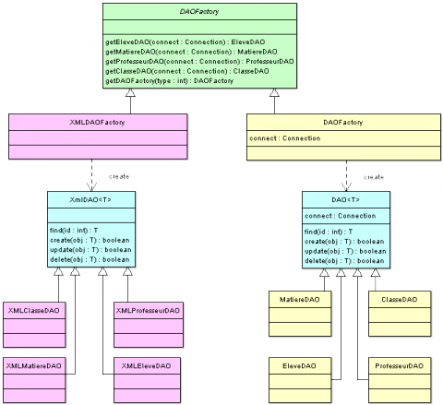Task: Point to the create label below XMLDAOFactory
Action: (x=120, y=174)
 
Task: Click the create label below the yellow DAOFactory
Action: (x=374, y=175)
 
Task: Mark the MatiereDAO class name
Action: (x=300, y=299)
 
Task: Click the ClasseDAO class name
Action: (x=399, y=299)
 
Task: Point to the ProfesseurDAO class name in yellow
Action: (x=399, y=366)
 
